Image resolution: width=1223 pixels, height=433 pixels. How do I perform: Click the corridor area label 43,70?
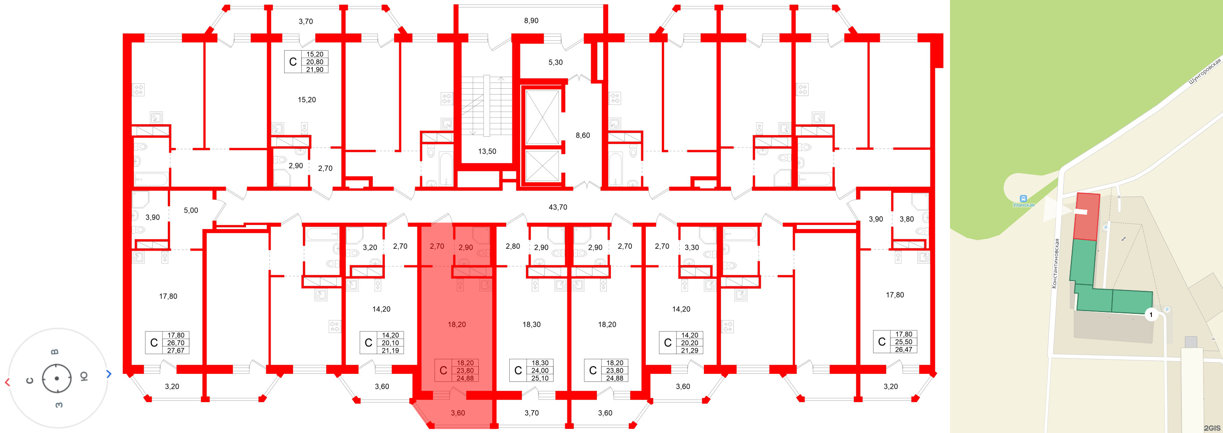tap(558, 207)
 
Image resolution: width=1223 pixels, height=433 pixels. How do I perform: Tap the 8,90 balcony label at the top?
tap(531, 21)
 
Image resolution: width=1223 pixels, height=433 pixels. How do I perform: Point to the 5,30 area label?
tap(555, 62)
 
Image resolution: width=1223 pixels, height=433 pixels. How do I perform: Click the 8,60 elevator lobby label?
tap(583, 135)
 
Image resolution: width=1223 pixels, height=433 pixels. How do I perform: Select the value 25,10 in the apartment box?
tap(540, 378)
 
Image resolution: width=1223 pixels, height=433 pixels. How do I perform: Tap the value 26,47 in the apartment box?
tap(903, 350)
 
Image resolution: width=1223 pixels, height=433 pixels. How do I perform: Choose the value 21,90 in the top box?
tap(314, 70)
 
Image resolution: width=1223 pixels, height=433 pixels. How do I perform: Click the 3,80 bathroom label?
tap(906, 219)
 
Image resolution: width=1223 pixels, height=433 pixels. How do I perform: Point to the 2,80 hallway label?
tap(512, 246)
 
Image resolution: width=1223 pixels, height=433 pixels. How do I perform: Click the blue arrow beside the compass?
tap(109, 374)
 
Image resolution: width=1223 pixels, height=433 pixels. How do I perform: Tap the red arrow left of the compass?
tap(7, 382)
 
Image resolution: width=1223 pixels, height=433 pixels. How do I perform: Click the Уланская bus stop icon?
tap(1023, 198)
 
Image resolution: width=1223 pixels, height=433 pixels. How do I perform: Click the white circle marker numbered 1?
tap(1151, 315)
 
